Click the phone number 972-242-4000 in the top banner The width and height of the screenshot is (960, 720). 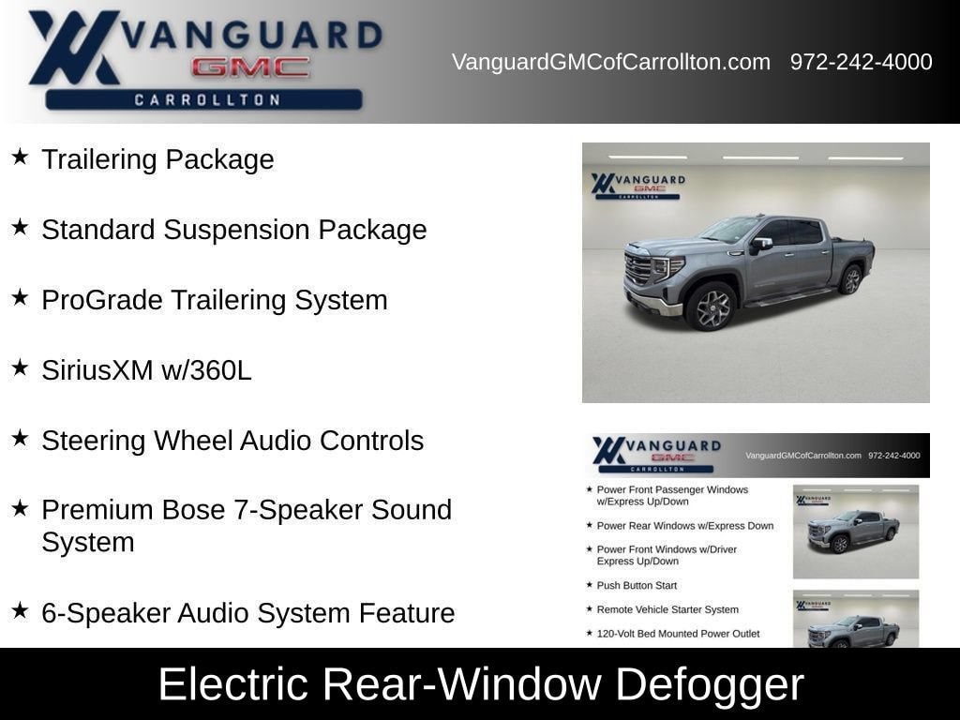pyautogui.click(x=861, y=62)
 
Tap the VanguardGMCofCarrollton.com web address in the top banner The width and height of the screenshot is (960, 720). pyautogui.click(x=611, y=62)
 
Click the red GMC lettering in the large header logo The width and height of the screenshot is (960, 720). pyautogui.click(x=249, y=67)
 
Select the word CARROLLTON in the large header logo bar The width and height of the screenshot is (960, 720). pyautogui.click(x=207, y=99)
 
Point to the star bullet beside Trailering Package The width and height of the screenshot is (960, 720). pyautogui.click(x=21, y=157)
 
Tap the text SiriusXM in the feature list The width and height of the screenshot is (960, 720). pyautogui.click(x=97, y=369)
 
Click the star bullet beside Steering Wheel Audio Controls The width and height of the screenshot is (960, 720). pyautogui.click(x=21, y=438)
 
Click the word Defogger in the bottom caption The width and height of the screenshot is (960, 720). pyautogui.click(x=709, y=684)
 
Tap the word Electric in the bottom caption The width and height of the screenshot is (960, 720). pyautogui.click(x=233, y=683)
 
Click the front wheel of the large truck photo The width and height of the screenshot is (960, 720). pyautogui.click(x=711, y=307)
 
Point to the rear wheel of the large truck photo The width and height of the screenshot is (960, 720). pyautogui.click(x=850, y=279)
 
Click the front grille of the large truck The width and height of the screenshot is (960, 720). pyautogui.click(x=637, y=269)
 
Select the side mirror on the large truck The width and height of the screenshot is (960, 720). pyautogui.click(x=761, y=245)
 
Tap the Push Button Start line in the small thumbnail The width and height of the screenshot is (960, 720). pyautogui.click(x=637, y=585)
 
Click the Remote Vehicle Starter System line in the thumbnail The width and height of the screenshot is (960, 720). pyautogui.click(x=667, y=609)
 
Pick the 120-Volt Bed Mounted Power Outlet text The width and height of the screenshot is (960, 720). pyautogui.click(x=679, y=634)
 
